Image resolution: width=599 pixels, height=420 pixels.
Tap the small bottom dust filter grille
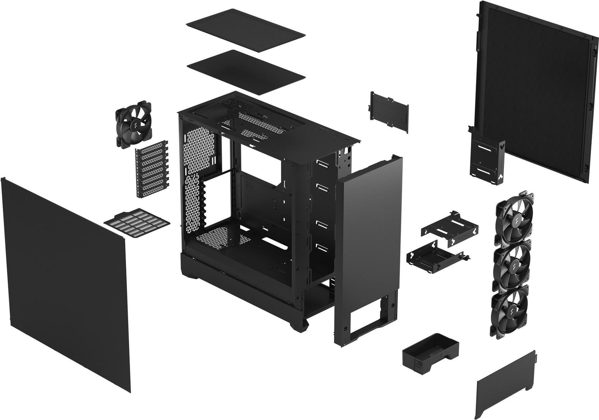coord(137,223)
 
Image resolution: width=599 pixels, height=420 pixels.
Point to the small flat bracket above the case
coord(389,112)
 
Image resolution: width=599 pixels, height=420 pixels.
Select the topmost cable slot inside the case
coord(321,163)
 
